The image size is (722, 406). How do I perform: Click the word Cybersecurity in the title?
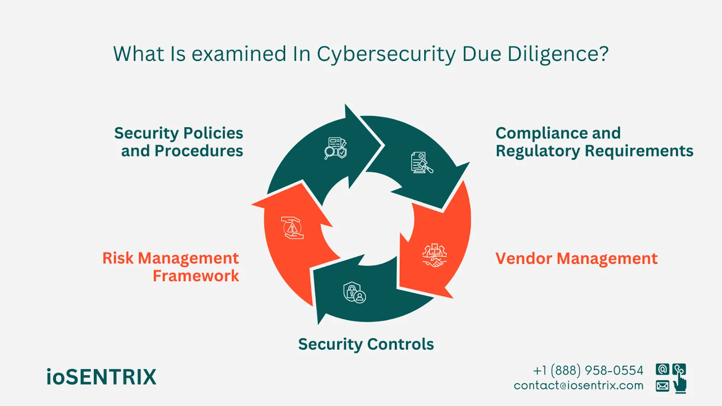(386, 55)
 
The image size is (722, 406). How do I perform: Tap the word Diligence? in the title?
(558, 55)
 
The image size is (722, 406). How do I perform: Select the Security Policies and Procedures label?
(179, 142)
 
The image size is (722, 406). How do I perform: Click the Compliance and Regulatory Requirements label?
(594, 142)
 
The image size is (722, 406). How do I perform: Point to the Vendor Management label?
(576, 258)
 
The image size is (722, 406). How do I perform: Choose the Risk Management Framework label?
(171, 267)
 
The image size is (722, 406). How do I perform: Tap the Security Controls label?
(366, 344)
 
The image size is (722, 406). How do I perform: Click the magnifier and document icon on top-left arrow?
(336, 148)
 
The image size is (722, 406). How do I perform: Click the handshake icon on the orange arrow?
(434, 256)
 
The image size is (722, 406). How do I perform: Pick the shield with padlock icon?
(354, 292)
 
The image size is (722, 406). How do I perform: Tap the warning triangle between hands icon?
(293, 227)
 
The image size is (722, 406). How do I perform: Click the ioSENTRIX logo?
(101, 377)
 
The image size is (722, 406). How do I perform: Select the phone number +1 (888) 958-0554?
(588, 370)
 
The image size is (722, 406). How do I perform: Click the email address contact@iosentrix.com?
(579, 386)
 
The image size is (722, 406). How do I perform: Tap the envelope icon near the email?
(662, 386)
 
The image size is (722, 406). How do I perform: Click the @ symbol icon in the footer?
(662, 369)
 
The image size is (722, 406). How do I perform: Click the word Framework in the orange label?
(196, 276)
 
